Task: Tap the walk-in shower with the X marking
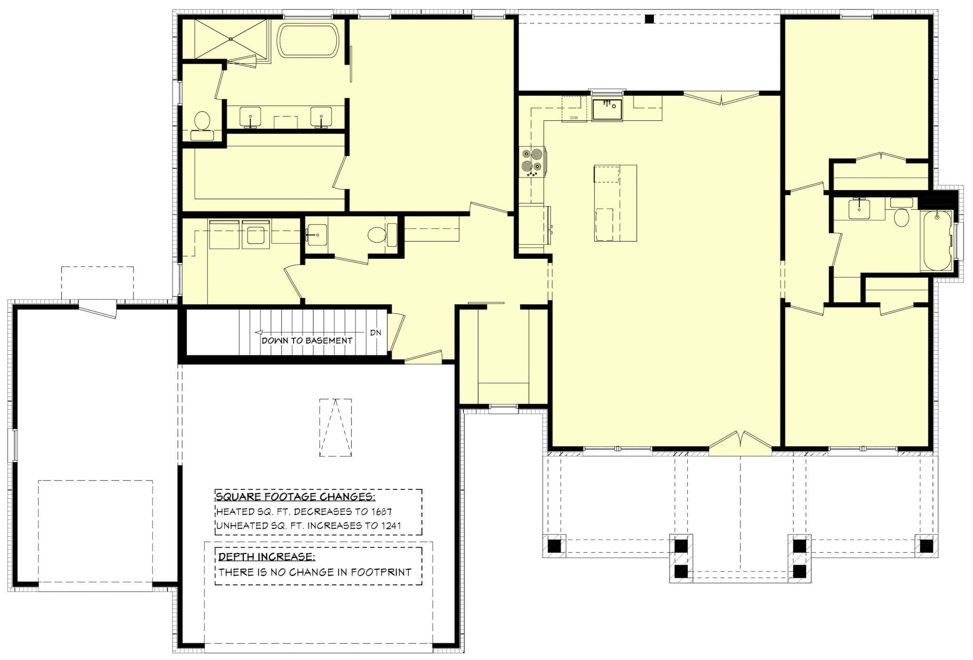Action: click(x=230, y=38)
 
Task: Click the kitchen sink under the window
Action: click(x=607, y=109)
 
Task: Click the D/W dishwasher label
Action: click(x=574, y=117)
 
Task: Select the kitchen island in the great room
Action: click(x=615, y=203)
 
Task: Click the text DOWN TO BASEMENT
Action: click(x=307, y=340)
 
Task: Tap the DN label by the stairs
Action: click(x=375, y=333)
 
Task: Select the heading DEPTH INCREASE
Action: click(x=267, y=556)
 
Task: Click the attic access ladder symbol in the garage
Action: click(x=335, y=427)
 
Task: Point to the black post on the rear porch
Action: click(x=649, y=19)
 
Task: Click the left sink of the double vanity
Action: click(x=250, y=117)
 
